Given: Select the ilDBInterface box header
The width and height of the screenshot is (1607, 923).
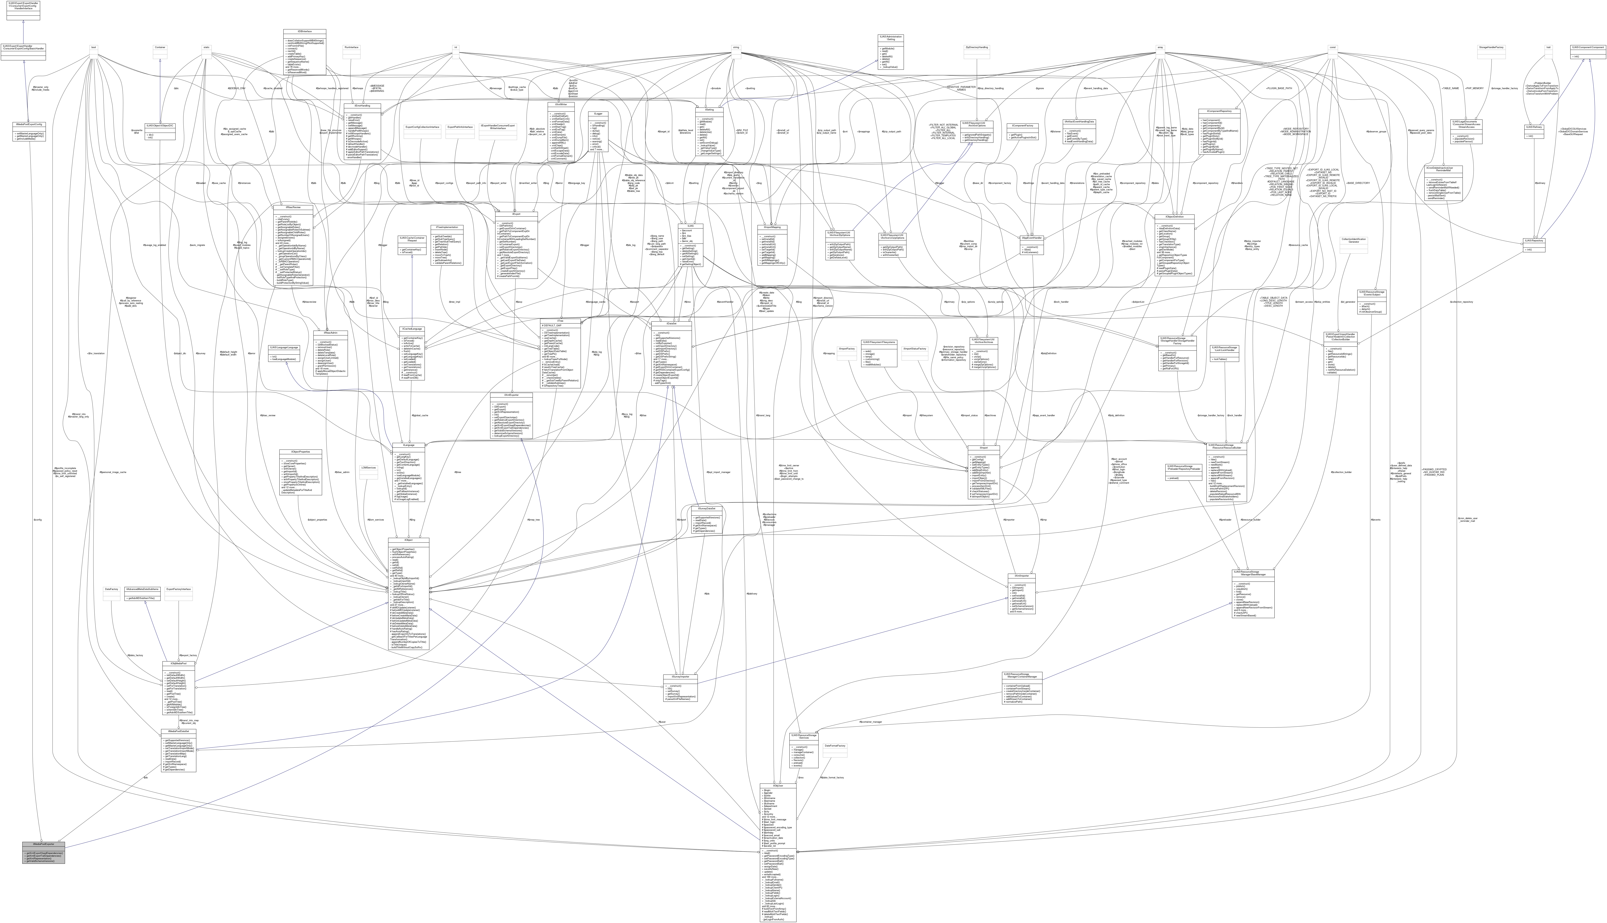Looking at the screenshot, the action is point(304,31).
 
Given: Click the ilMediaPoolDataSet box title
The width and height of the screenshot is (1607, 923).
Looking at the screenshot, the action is point(179,731).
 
